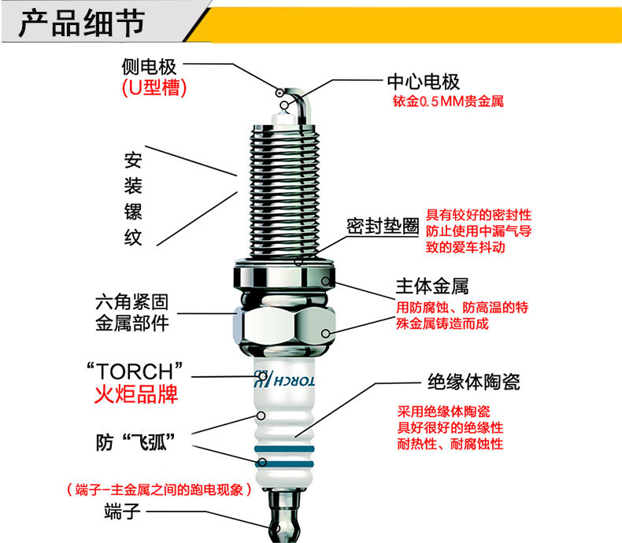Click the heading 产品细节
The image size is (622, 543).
point(82,23)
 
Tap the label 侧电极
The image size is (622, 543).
point(149,67)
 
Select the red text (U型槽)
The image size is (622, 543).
point(154,87)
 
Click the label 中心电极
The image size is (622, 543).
point(424,82)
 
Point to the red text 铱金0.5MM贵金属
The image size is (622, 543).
point(448,102)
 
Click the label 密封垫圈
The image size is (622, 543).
point(383,227)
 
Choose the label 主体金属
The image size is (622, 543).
point(432,286)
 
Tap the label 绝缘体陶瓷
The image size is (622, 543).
point(474,382)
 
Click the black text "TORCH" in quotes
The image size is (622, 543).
point(135,371)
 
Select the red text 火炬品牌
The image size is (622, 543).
point(136,394)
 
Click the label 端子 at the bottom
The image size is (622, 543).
point(122,512)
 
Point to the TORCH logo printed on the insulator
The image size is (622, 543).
point(284,380)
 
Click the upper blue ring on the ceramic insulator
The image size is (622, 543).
point(284,449)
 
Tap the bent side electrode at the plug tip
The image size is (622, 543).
point(305,104)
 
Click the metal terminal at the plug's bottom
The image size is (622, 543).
point(283,516)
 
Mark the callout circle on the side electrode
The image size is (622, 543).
point(280,93)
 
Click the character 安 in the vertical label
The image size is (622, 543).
point(133,160)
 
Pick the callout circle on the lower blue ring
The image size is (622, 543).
point(262,462)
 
